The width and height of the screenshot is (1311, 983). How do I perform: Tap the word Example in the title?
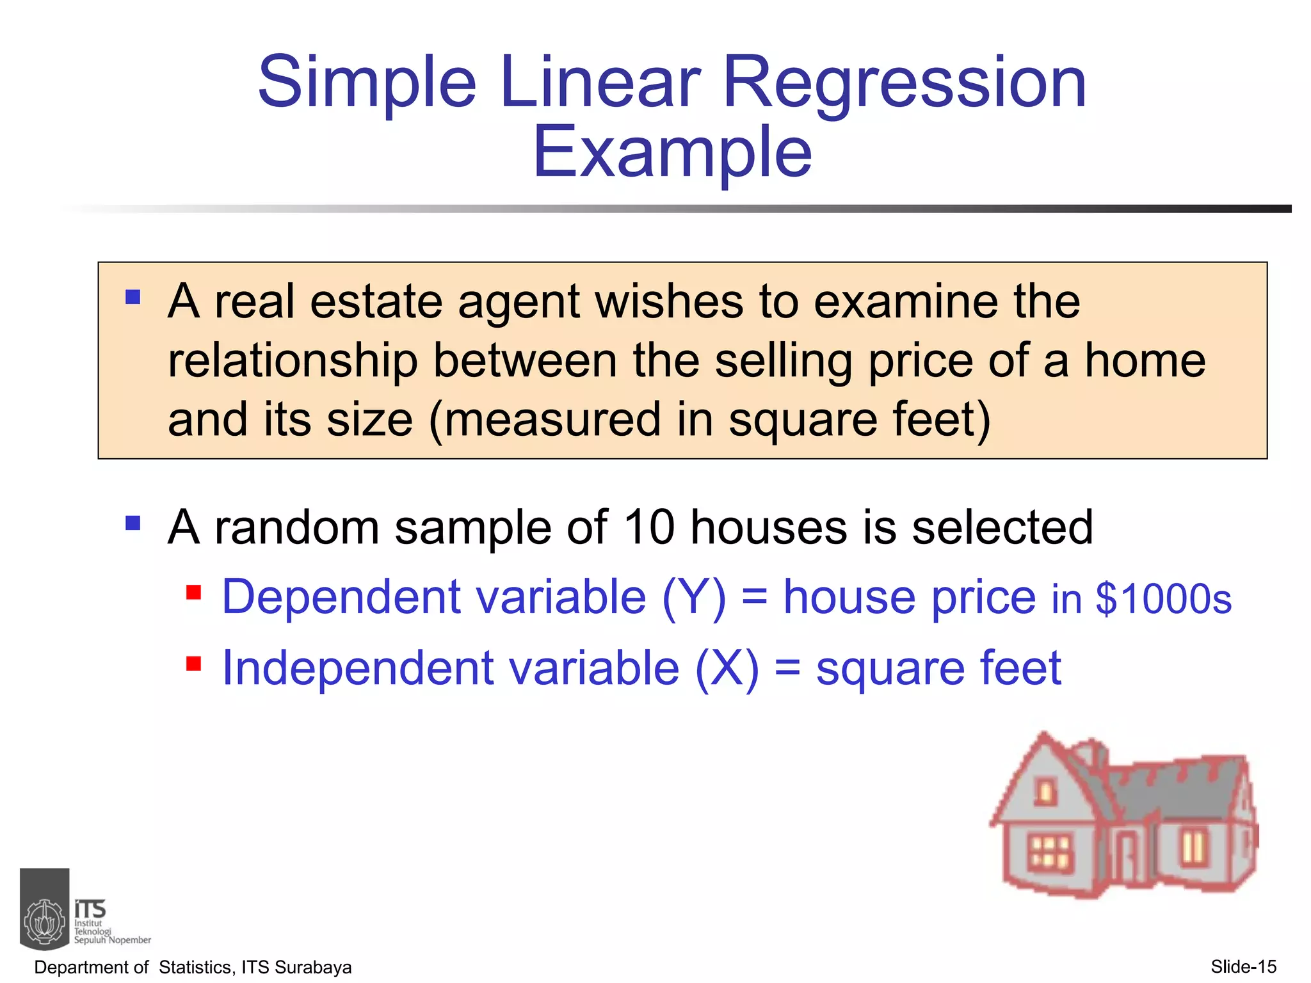pyautogui.click(x=672, y=152)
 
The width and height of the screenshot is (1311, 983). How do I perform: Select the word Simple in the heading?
pyautogui.click(x=367, y=83)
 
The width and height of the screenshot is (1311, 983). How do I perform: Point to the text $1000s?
pyautogui.click(x=1163, y=599)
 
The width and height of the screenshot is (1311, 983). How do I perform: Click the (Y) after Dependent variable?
pyautogui.click(x=694, y=598)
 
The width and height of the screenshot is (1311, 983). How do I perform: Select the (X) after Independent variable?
pyautogui.click(x=727, y=669)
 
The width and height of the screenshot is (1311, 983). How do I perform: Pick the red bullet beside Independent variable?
pyautogui.click(x=193, y=663)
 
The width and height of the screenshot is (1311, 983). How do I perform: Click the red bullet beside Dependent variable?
pyautogui.click(x=193, y=592)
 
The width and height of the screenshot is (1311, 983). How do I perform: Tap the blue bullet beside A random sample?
pyautogui.click(x=133, y=523)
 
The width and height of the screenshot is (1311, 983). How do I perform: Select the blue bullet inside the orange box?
pyautogui.click(x=133, y=297)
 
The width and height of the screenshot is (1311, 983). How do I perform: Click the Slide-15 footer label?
pyautogui.click(x=1243, y=966)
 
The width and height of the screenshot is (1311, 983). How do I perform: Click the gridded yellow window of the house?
pyautogui.click(x=1049, y=852)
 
